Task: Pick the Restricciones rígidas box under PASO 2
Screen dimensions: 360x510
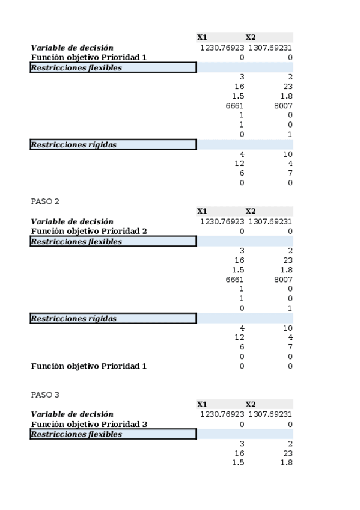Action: pos(113,318)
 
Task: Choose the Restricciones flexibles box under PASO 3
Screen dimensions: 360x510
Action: pos(113,434)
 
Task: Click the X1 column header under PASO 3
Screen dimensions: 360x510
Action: pos(202,405)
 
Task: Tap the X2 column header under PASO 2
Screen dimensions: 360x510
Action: pos(251,211)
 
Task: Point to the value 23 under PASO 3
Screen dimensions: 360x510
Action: pos(287,453)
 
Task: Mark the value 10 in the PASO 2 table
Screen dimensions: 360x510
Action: pos(287,328)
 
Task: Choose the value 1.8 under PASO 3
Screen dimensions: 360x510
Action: pos(286,462)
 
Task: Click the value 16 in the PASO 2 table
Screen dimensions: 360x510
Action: pos(239,260)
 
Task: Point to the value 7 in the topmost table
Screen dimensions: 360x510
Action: pos(290,173)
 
